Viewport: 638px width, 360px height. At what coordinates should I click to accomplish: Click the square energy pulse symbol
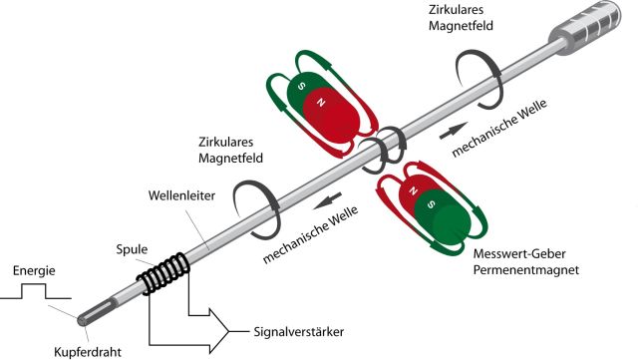(x=36, y=291)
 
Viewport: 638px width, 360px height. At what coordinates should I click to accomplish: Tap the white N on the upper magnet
(x=320, y=102)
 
